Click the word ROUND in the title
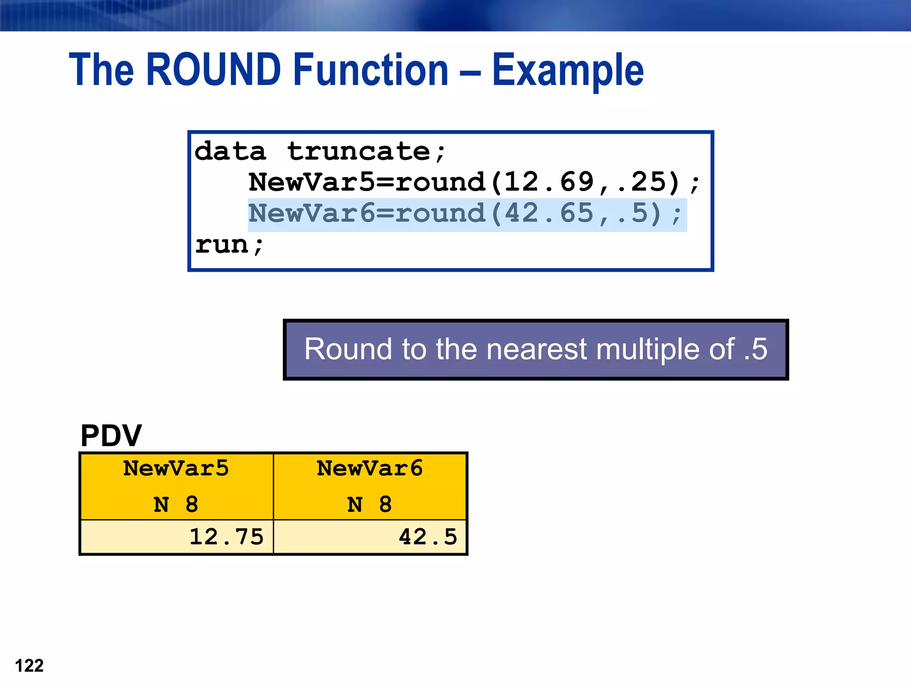(214, 69)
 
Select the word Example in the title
(568, 70)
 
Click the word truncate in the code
(359, 151)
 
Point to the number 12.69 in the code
(549, 182)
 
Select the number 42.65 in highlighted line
(549, 213)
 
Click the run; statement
(230, 245)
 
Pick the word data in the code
(230, 151)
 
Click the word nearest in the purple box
(536, 349)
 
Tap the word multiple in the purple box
(665, 349)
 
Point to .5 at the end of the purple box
(755, 349)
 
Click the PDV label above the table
(111, 436)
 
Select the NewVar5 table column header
(176, 468)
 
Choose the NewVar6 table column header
(370, 468)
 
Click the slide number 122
(29, 666)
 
